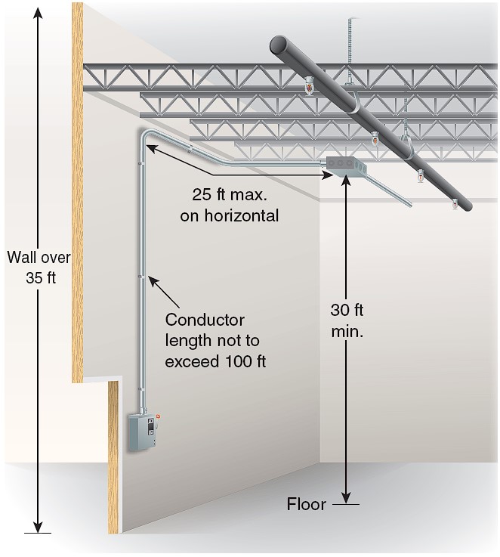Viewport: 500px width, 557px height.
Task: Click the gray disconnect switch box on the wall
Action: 143,432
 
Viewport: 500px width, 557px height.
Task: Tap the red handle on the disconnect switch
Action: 158,415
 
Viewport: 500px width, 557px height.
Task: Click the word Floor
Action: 306,504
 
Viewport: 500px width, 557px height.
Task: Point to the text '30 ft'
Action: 347,310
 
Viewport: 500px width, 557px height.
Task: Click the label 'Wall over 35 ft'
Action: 39,267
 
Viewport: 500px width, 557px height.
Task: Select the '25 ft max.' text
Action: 230,195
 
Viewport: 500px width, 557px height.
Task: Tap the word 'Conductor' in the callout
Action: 205,320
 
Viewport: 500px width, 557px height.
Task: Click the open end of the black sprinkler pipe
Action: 279,45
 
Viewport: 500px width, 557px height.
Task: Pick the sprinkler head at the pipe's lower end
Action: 454,205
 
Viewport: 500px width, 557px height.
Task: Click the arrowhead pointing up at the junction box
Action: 347,181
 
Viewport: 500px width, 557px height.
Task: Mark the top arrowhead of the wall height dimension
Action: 38,12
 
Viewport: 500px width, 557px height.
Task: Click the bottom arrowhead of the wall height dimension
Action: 38,527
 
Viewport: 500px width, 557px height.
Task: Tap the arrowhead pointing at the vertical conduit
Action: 153,281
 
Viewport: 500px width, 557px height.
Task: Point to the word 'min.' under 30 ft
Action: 347,332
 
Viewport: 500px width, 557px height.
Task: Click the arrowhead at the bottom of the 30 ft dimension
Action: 347,497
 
